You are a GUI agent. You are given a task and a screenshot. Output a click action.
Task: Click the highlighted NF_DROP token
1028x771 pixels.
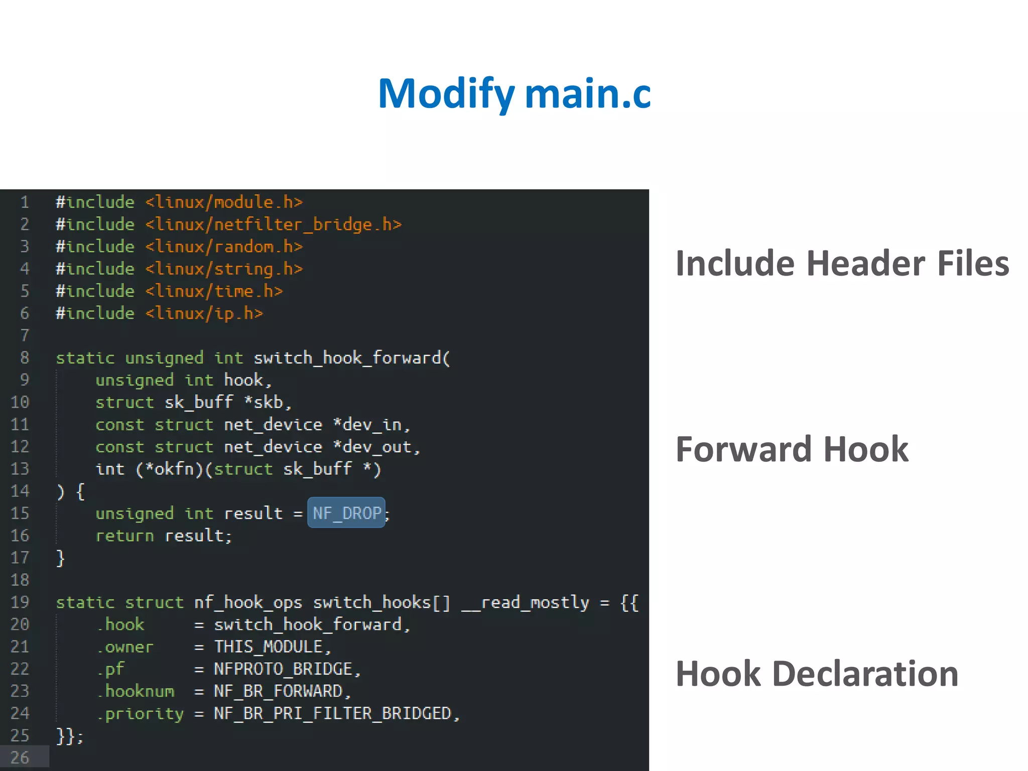coord(346,513)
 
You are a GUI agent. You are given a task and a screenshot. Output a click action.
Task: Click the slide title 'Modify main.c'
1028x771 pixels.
coord(514,94)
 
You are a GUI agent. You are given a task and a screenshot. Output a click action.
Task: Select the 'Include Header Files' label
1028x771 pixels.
coord(842,264)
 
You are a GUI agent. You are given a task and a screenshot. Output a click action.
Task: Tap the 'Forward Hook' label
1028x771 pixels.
coord(792,449)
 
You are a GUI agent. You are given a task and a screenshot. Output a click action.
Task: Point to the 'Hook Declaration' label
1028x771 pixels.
coord(817,674)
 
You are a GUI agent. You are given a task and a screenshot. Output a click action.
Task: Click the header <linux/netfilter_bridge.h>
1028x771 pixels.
coord(274,224)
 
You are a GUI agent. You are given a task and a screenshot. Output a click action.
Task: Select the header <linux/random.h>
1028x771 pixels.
coord(224,246)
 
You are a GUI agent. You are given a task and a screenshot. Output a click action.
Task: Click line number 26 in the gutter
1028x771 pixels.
coord(20,757)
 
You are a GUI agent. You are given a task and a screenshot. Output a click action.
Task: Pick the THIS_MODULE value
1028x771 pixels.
coord(268,647)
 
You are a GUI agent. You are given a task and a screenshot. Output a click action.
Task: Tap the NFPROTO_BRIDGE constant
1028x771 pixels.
coord(283,669)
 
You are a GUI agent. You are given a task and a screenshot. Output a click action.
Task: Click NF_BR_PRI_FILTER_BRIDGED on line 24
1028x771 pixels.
coord(332,713)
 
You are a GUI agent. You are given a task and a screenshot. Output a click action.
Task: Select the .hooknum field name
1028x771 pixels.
coord(136,691)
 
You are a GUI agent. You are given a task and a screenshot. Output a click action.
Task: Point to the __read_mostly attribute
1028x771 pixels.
coord(525,602)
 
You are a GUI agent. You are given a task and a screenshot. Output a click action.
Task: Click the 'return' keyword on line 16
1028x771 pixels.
coord(124,536)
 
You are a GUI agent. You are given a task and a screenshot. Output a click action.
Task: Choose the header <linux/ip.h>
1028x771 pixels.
coord(204,313)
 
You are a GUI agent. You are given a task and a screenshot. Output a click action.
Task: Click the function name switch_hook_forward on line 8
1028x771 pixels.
coord(347,358)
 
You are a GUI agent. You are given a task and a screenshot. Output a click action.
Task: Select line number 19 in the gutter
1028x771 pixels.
coord(20,602)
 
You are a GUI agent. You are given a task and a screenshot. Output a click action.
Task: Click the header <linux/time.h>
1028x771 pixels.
coord(214,291)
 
